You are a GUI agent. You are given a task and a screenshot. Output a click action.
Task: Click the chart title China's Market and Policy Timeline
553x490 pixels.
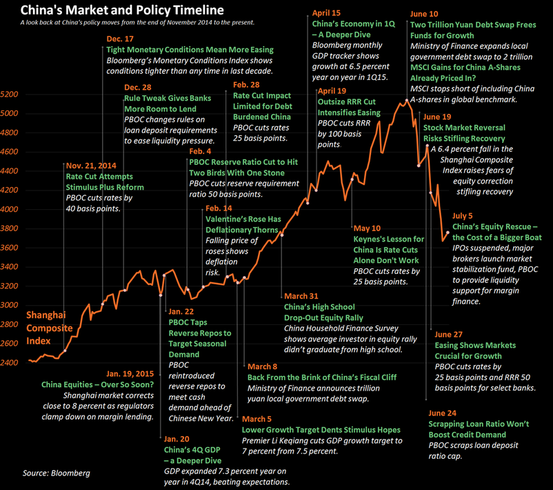pyautogui.click(x=121, y=10)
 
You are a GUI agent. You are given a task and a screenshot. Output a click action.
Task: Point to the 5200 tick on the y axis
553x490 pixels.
pyautogui.click(x=12, y=94)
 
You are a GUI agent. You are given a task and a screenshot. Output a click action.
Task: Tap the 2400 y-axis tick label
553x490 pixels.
pyautogui.click(x=12, y=362)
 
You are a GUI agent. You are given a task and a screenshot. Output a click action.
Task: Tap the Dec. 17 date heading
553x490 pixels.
pyautogui.click(x=120, y=39)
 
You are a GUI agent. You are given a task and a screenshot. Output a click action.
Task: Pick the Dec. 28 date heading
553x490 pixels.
pyautogui.click(x=138, y=88)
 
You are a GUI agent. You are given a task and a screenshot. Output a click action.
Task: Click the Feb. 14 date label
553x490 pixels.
pyautogui.click(x=219, y=208)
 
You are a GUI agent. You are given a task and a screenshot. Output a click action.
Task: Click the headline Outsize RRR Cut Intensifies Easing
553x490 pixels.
pyautogui.click(x=348, y=107)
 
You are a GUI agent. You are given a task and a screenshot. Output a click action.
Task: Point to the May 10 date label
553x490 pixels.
pyautogui.click(x=366, y=228)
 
